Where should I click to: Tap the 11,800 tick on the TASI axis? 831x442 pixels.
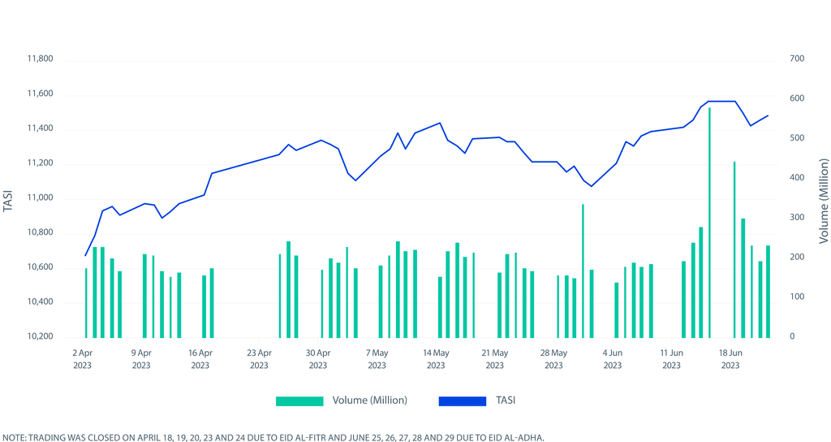point(40,59)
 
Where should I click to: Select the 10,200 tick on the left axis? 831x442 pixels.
point(40,336)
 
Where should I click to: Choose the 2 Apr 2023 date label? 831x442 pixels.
point(83,359)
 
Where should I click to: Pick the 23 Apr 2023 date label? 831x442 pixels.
point(259,359)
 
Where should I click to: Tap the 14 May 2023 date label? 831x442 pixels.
point(436,359)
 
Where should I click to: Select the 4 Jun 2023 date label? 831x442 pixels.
point(612,359)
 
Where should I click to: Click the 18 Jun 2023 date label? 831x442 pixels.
point(730,359)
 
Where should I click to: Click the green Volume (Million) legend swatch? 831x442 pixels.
point(299,401)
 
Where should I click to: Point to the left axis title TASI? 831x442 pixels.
point(9,198)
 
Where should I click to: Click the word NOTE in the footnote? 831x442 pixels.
point(13,436)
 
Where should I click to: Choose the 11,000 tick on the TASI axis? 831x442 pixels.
point(40,198)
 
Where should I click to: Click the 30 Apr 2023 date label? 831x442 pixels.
point(318,359)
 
